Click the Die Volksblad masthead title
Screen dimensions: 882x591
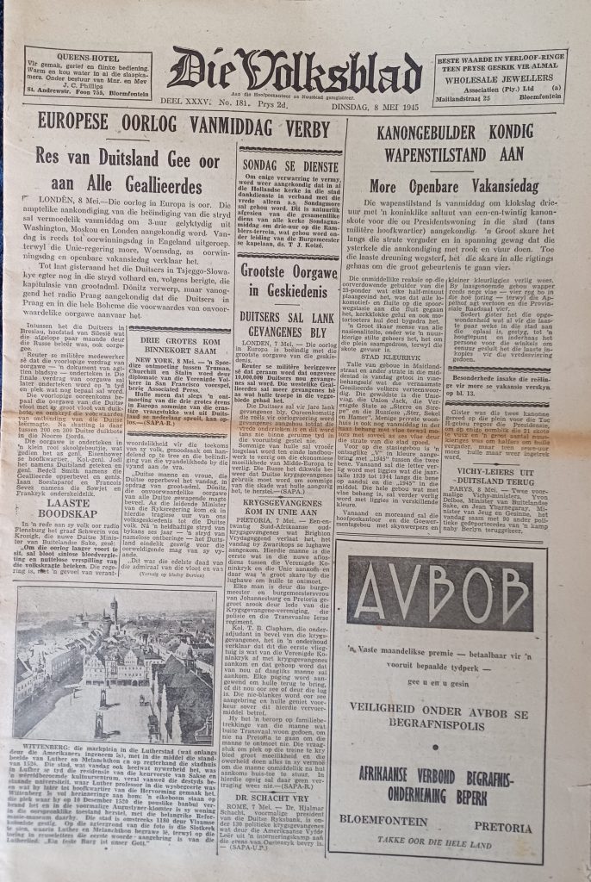295,70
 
